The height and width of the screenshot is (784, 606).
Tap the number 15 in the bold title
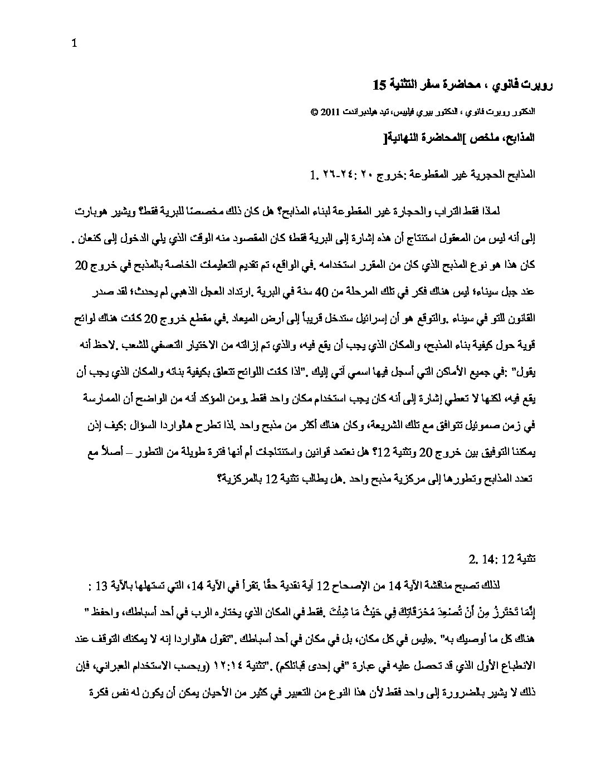point(379,85)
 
